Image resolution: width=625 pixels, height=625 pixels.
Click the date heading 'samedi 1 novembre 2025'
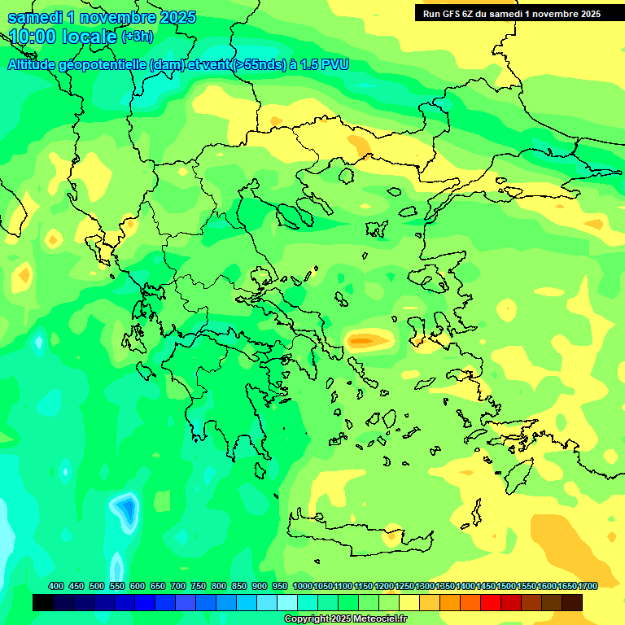click(102, 17)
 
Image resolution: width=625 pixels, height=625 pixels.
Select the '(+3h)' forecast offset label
click(136, 37)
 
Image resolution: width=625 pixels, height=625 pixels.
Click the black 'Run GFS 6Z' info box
click(509, 13)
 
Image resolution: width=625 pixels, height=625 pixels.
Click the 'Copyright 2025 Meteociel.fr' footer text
click(345, 619)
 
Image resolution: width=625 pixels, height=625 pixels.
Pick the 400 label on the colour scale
click(56, 586)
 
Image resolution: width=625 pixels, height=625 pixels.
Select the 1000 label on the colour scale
click(302, 586)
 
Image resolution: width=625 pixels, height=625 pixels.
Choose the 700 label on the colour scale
click(178, 586)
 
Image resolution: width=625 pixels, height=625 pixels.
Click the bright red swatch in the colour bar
click(491, 602)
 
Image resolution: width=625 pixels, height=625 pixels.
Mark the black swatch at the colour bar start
click(43, 602)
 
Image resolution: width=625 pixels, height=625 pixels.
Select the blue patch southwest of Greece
click(125, 509)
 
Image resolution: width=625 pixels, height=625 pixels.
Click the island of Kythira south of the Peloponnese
click(260, 470)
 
